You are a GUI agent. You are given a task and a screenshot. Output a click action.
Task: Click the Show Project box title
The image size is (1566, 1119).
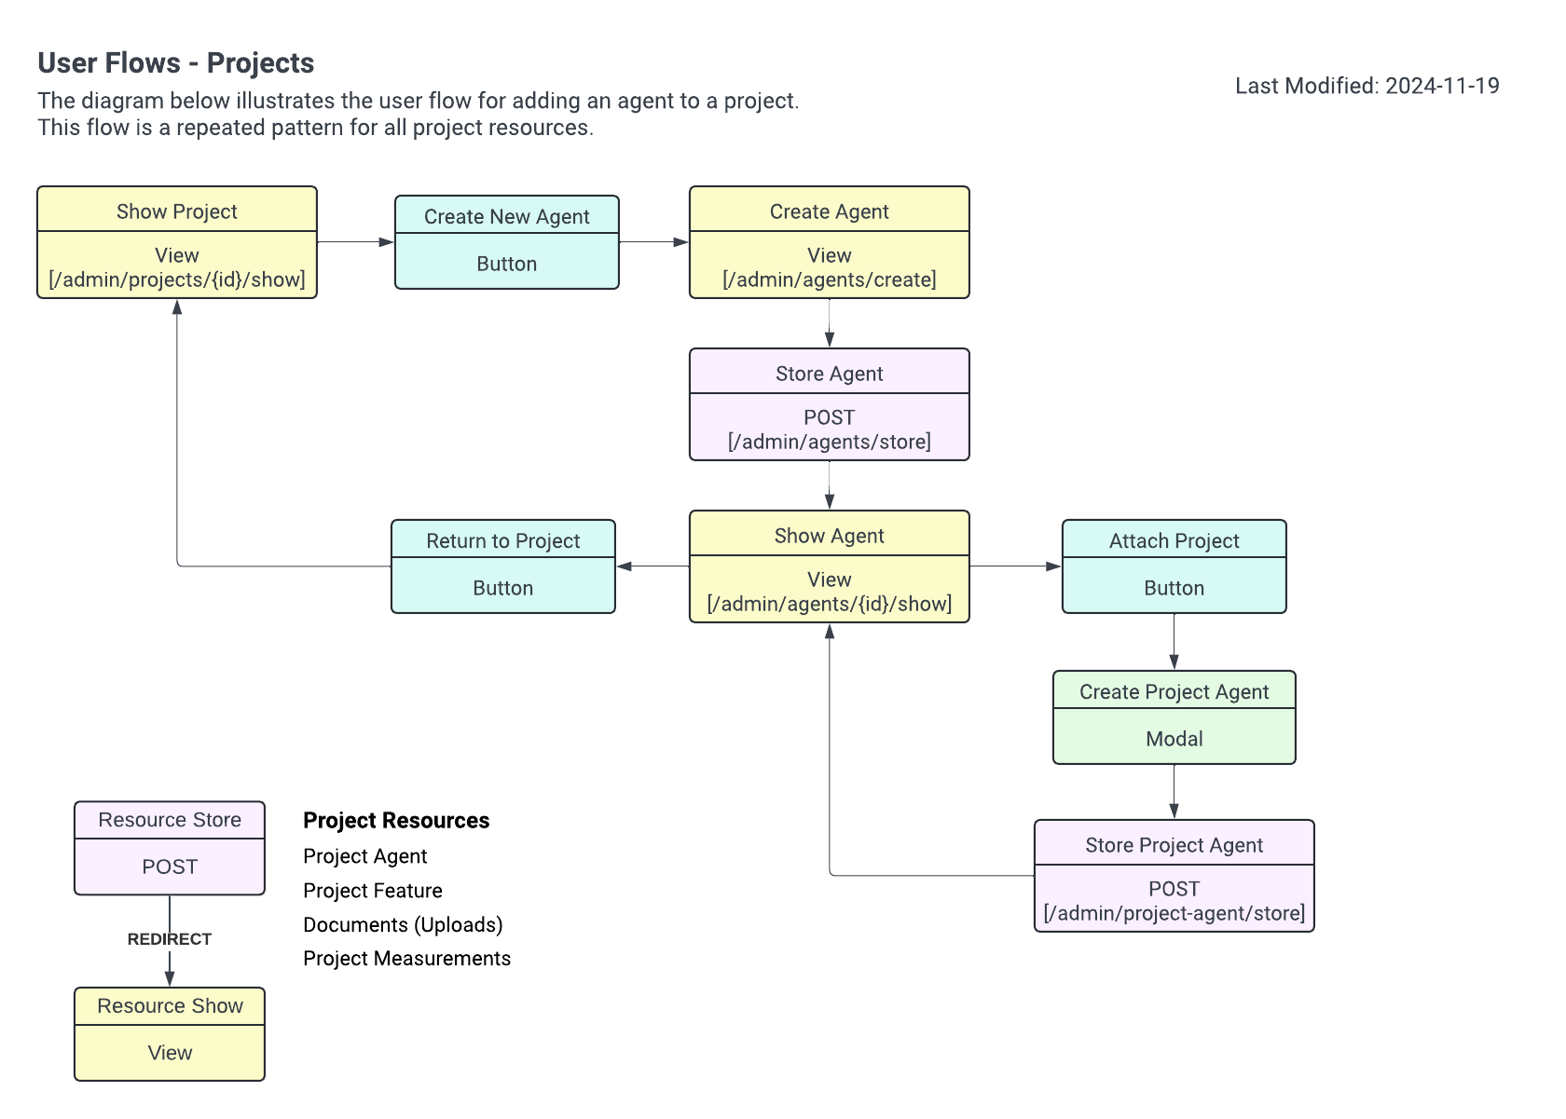176,212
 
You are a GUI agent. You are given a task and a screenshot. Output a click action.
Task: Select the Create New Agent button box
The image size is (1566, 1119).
506,243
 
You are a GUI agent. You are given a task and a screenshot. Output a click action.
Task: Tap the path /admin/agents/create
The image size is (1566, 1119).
829,280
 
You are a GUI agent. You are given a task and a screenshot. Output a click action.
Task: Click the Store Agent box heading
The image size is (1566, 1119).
829,374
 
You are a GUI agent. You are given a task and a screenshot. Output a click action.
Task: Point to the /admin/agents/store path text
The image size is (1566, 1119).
829,442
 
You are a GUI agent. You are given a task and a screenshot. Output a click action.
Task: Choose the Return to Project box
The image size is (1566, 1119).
502,566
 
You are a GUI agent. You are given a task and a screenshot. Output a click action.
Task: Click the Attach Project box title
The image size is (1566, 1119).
1174,541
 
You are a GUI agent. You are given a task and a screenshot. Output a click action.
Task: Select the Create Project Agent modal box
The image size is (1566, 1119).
1174,717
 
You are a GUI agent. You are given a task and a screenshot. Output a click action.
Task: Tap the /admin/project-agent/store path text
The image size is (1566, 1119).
1174,913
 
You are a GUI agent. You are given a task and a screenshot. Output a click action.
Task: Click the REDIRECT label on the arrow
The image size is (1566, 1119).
170,939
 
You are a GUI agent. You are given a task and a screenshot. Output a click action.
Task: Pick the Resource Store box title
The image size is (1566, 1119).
170,820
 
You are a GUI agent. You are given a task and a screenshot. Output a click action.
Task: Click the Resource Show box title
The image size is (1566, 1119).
170,1006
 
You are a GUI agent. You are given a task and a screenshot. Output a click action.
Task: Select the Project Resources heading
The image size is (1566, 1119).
396,821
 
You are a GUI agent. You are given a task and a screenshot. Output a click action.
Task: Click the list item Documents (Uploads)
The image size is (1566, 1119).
403,924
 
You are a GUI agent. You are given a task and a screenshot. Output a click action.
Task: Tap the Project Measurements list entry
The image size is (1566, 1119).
406,959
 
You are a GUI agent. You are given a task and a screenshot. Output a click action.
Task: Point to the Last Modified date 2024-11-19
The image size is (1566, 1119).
1442,86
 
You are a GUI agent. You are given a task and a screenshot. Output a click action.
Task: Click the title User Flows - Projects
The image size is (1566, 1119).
176,62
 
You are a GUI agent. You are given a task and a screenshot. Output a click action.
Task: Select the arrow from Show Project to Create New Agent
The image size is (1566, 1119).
355,242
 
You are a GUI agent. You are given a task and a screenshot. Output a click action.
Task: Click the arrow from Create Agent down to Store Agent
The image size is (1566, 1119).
829,323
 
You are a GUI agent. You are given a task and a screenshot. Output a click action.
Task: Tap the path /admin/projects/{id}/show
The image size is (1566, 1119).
176,280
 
